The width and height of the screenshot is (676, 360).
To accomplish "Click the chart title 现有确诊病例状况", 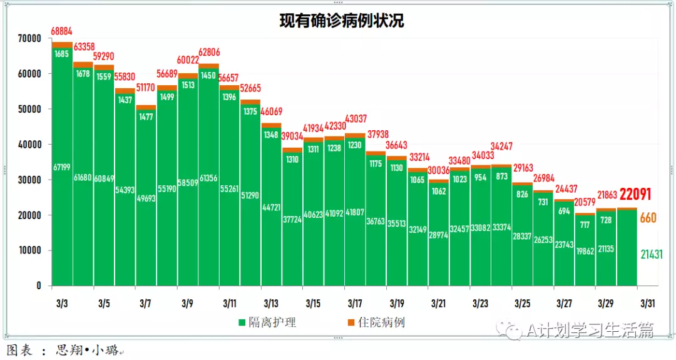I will (341, 21).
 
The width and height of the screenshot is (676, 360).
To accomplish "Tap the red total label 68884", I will (62, 31).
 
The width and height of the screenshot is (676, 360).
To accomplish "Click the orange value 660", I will (648, 218).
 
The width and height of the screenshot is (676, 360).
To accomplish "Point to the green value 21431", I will (651, 254).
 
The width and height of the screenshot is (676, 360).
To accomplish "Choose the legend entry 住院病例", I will (381, 323).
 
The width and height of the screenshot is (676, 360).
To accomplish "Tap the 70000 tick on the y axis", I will (29, 38).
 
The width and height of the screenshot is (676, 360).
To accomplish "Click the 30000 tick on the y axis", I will (29, 180).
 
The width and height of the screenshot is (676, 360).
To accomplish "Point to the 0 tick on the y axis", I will (39, 285).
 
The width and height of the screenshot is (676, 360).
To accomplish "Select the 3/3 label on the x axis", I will (62, 304).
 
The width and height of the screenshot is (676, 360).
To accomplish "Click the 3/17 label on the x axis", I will (355, 304).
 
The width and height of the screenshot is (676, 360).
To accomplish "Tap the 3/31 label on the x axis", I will (647, 304).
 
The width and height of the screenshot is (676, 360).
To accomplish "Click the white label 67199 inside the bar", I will (62, 167).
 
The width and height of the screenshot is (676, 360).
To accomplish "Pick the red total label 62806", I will (210, 53).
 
